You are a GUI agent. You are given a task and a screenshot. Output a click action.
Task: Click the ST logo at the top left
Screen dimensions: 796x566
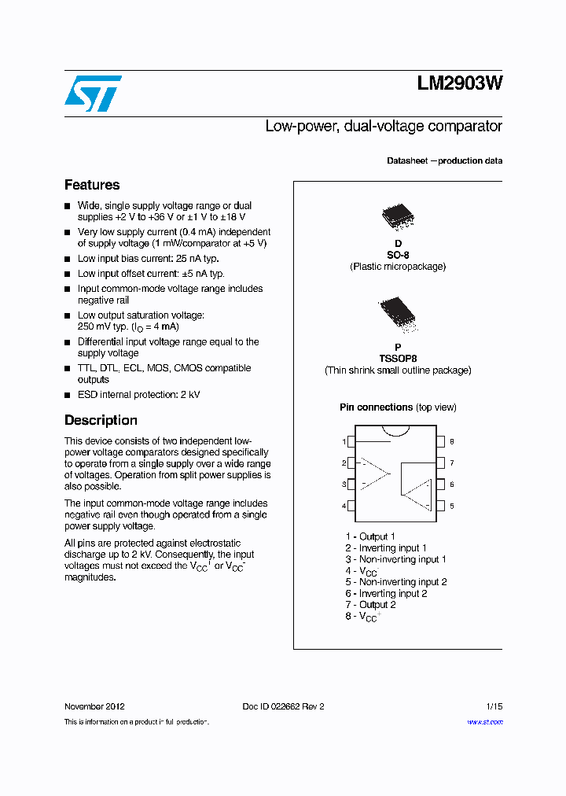92,93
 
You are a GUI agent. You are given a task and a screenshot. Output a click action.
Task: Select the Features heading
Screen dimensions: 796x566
92,185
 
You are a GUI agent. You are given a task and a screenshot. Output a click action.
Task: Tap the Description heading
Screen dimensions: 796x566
101,420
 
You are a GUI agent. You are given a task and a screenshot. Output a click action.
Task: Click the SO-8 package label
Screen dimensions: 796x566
398,255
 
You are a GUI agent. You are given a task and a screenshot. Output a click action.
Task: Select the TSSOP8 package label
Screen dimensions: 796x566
398,358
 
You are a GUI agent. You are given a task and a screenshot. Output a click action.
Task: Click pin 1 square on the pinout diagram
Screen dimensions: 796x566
351,442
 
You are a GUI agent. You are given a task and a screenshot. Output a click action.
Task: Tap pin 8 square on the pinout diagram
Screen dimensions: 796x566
441,442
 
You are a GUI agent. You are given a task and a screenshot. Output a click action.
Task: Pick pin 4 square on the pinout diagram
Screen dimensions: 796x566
351,506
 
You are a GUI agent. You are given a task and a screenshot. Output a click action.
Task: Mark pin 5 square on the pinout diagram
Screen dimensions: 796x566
441,506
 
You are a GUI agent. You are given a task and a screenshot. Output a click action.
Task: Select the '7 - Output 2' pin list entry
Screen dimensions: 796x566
370,605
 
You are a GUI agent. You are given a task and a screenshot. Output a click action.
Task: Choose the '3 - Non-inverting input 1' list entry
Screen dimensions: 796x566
395,559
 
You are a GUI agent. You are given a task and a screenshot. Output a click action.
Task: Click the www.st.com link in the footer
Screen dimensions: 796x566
485,722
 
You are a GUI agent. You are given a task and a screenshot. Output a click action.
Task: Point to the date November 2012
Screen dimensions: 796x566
94,706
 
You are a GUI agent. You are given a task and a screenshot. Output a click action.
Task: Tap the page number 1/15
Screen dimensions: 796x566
494,706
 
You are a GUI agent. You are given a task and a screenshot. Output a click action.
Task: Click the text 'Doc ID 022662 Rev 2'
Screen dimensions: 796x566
283,706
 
